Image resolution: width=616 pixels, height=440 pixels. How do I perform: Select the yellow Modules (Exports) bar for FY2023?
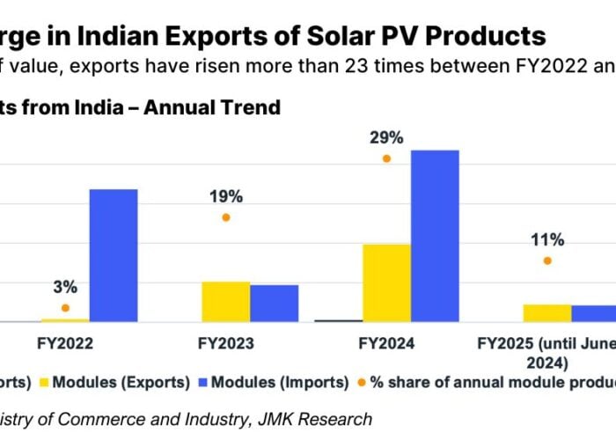[226, 302]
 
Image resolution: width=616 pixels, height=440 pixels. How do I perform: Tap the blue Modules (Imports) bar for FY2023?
[275, 304]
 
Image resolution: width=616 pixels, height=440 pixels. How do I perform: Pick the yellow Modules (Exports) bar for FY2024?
[386, 282]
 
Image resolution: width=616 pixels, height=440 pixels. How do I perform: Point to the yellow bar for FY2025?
[547, 313]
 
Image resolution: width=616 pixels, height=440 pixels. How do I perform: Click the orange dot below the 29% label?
[386, 158]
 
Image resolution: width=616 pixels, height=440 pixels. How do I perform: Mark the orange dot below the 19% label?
[226, 217]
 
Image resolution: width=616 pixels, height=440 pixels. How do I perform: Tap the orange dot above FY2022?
[65, 308]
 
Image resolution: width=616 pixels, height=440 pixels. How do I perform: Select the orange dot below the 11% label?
[547, 260]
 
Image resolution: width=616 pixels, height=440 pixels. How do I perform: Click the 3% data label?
[65, 287]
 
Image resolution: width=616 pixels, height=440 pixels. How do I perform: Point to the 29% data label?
[386, 137]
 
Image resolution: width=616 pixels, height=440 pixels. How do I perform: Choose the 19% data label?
[226, 196]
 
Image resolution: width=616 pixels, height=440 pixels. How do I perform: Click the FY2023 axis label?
[226, 344]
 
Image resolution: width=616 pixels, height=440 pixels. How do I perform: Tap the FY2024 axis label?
[386, 344]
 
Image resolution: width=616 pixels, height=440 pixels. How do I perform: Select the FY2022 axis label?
[65, 344]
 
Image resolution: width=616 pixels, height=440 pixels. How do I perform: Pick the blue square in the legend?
[203, 383]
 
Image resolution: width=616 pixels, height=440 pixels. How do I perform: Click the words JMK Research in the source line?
[322, 420]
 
